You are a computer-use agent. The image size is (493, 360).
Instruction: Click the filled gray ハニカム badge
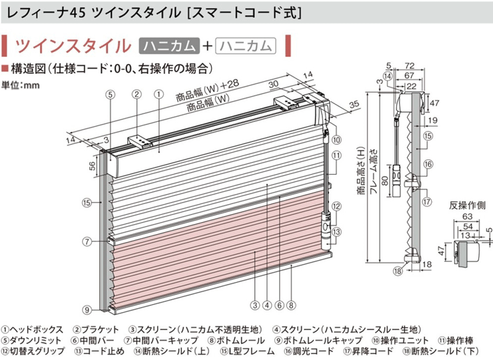coord(169,46)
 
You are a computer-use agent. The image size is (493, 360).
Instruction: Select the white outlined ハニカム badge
coord(246,46)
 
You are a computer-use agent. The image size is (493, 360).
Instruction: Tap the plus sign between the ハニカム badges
coord(207,46)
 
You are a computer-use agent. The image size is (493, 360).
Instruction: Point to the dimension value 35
coord(354,104)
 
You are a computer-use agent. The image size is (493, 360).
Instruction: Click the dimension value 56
coord(93,166)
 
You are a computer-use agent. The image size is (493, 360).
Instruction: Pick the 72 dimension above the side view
coord(409,66)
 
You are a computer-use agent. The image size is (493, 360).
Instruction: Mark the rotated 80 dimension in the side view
coord(384,180)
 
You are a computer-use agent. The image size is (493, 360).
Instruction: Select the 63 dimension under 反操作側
coord(468,217)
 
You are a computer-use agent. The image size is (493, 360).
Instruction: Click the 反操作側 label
coord(467,205)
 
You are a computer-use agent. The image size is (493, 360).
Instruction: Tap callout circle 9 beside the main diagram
coord(87,309)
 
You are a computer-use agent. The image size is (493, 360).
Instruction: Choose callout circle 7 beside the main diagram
coord(87,242)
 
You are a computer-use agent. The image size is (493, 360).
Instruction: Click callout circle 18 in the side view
coord(398,271)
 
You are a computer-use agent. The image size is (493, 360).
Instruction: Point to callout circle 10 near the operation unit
coord(336,140)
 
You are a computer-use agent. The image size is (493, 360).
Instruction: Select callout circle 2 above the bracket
coord(137,94)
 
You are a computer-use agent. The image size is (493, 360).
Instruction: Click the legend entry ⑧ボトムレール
coord(237,340)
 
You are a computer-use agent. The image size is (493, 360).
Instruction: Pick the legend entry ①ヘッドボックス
coord(33,329)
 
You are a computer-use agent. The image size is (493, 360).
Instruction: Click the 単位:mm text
coord(21,85)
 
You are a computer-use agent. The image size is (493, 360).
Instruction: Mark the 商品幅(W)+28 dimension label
coord(207,91)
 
